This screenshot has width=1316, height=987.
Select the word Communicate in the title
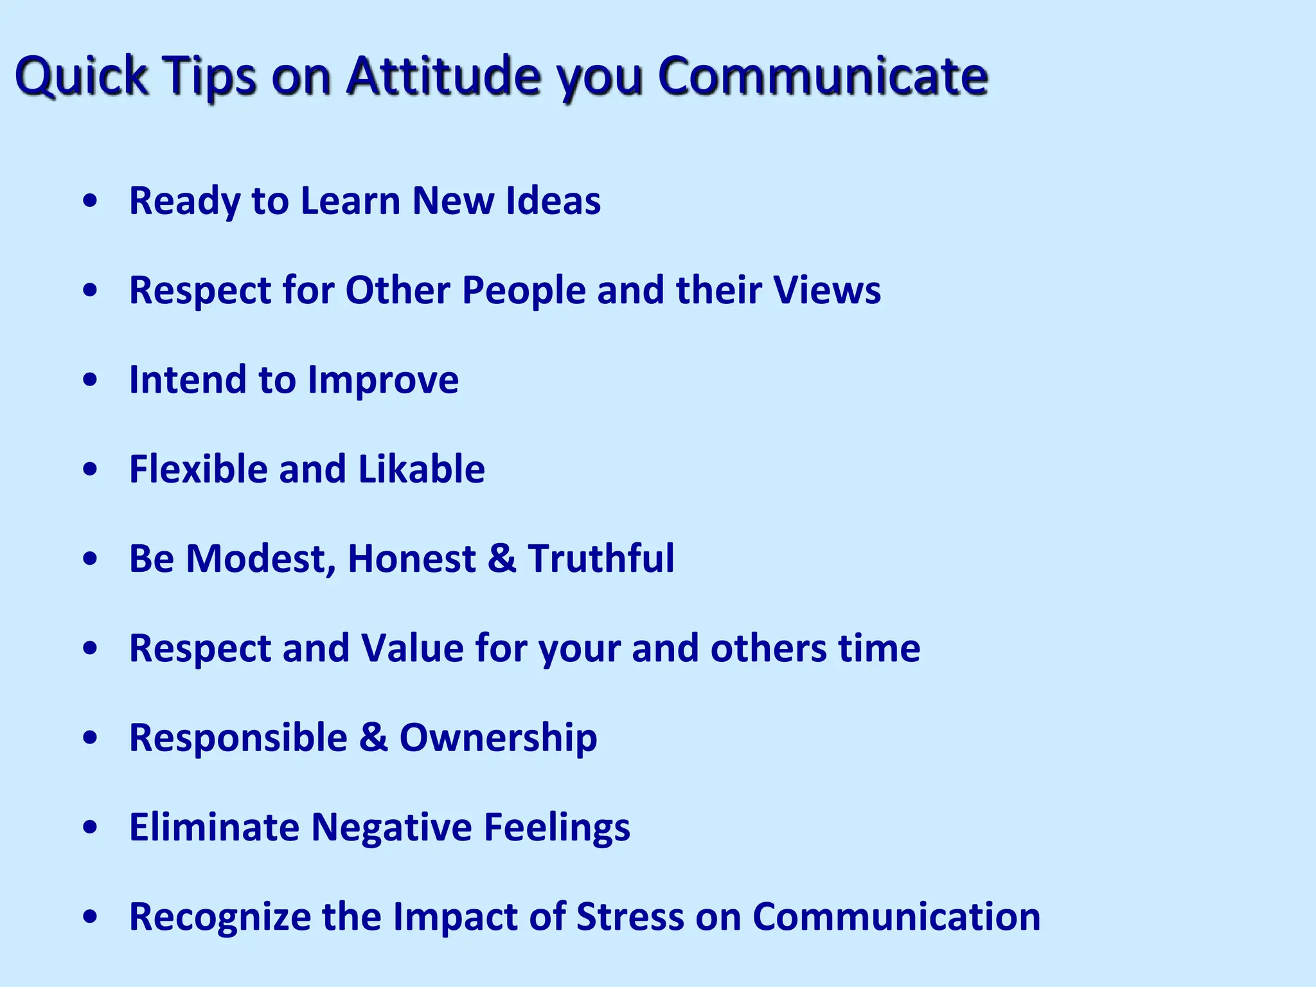pos(822,76)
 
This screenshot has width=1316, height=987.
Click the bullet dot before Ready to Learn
pos(91,201)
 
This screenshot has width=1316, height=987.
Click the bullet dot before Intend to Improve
pos(91,380)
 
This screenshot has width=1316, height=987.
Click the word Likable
pos(422,469)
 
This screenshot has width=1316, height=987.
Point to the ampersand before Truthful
pos(502,558)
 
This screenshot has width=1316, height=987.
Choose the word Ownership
pos(498,738)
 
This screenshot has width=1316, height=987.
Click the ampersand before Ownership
pos(373,737)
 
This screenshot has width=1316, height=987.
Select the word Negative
pos(392,827)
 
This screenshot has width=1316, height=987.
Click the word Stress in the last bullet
pos(630,916)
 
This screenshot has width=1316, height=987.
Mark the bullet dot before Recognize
pos(91,917)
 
